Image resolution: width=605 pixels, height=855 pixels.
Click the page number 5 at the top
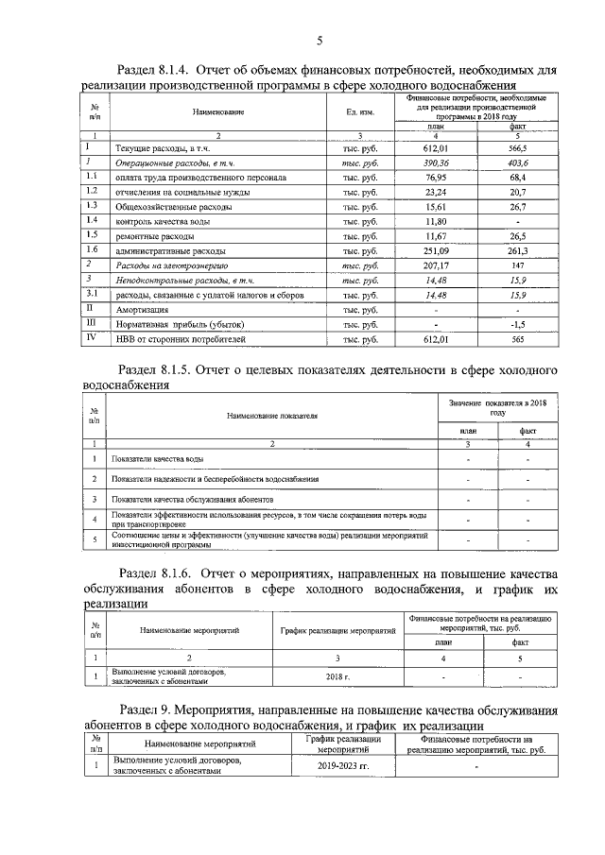click(319, 40)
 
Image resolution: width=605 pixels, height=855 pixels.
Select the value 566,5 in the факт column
click(517, 148)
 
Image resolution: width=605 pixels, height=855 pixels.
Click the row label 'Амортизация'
click(142, 309)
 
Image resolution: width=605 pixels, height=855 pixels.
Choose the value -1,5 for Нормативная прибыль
click(517, 323)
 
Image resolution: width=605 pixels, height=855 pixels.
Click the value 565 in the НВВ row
click(517, 338)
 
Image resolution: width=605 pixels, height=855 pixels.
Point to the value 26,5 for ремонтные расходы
click(517, 236)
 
